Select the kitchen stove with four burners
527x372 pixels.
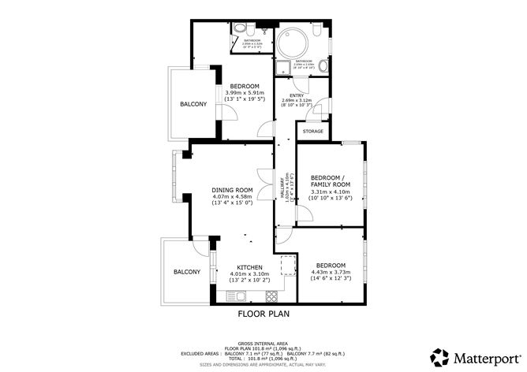(x=271, y=296)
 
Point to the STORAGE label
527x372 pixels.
(x=313, y=131)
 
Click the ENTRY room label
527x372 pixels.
(x=296, y=95)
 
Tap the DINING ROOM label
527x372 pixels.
(x=232, y=190)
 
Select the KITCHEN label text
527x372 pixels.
(x=249, y=266)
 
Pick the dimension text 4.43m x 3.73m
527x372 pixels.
(x=331, y=273)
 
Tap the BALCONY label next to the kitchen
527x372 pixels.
(x=187, y=272)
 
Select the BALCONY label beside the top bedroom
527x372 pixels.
(x=193, y=104)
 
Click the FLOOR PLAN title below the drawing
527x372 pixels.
(x=263, y=314)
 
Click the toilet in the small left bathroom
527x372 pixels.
(x=240, y=28)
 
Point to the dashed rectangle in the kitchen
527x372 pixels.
(x=286, y=263)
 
